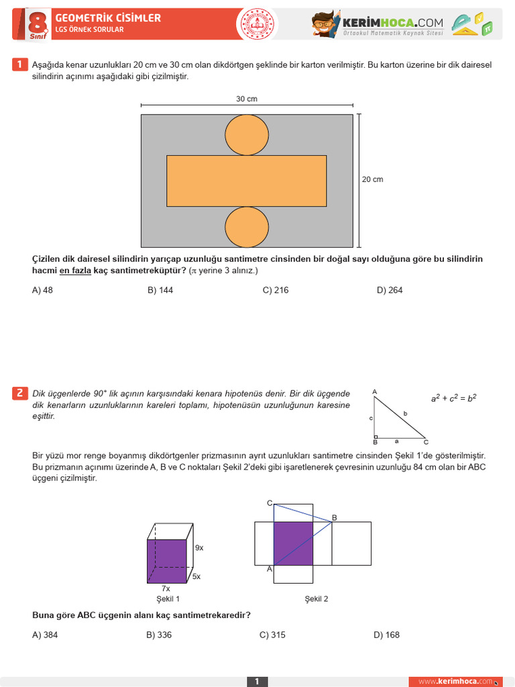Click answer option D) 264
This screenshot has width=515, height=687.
point(390,290)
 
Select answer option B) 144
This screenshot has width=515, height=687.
point(160,290)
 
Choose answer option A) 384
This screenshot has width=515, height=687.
point(45,635)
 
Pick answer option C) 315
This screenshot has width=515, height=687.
point(272,635)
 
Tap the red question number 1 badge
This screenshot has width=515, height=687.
point(19,64)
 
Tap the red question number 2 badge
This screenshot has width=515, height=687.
point(19,393)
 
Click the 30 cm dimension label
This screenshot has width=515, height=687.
point(247,99)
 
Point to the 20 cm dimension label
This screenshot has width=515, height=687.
point(373,180)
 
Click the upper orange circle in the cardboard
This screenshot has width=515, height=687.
point(247,135)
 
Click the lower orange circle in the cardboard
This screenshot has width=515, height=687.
point(247,227)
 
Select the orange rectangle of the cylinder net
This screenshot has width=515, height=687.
point(247,180)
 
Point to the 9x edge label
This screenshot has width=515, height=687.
point(199,548)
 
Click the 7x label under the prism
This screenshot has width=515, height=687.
point(166,588)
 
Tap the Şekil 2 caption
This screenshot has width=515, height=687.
point(317,599)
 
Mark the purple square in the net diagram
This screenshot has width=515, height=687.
point(294,543)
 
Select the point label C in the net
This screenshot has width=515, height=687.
point(270,503)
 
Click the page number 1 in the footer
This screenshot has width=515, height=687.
point(257,682)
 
